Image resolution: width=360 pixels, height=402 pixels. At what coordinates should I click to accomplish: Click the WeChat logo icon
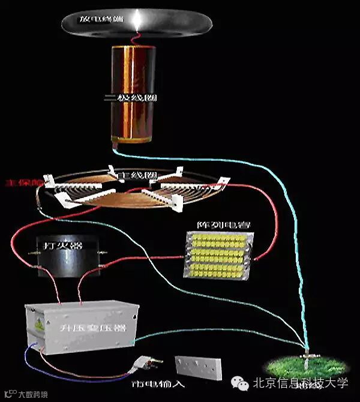(241, 383)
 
